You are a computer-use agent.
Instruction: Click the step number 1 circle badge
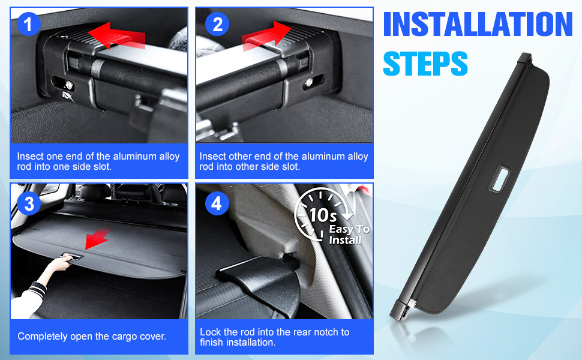pyautogui.click(x=29, y=25)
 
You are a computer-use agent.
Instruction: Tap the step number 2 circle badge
pyautogui.click(x=217, y=25)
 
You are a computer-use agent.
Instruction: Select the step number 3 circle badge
pyautogui.click(x=29, y=203)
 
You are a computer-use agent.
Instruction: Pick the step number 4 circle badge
pyautogui.click(x=217, y=203)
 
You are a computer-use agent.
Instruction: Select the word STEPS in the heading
pyautogui.click(x=425, y=63)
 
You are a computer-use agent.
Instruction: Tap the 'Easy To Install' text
pyautogui.click(x=348, y=235)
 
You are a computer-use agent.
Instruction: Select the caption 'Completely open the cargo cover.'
pyautogui.click(x=92, y=336)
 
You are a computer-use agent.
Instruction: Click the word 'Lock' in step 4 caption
pyautogui.click(x=210, y=332)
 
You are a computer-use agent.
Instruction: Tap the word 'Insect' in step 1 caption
pyautogui.click(x=31, y=156)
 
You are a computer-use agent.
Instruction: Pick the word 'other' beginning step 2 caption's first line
pyautogui.click(x=243, y=156)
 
